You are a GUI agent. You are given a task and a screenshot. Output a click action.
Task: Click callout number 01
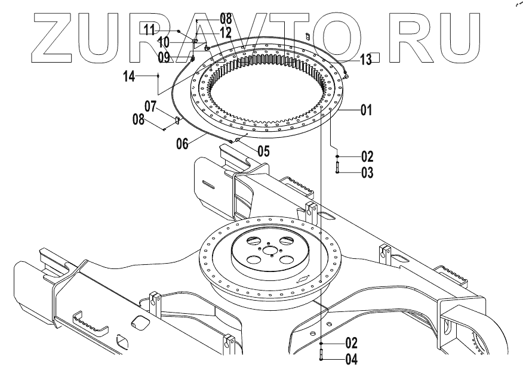366,110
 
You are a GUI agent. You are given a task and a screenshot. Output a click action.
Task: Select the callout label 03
367,173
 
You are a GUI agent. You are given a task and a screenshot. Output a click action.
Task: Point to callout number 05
263,150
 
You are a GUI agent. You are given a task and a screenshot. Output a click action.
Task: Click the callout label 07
149,107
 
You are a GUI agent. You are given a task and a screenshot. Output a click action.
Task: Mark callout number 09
165,58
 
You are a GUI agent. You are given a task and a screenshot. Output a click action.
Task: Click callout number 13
366,58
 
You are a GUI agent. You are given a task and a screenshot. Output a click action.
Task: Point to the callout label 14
130,76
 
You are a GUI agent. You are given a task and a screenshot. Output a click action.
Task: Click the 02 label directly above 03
367,157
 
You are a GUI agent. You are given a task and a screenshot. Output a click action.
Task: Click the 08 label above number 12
209,18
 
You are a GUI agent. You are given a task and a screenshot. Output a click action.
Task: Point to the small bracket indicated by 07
177,121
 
